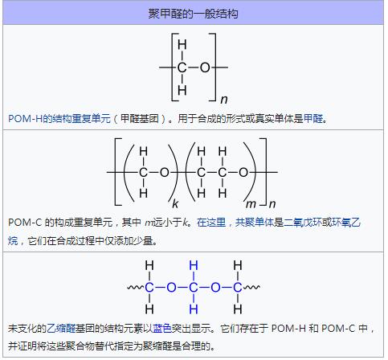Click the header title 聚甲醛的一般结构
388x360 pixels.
pyautogui.click(x=194, y=14)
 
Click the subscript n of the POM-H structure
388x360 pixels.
pyautogui.click(x=224, y=100)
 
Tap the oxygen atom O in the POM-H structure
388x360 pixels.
pyautogui.click(x=205, y=67)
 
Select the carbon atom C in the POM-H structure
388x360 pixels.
pyautogui.click(x=182, y=67)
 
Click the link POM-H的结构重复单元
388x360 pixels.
pyautogui.click(x=59, y=118)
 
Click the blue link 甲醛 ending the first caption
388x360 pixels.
pyautogui.click(x=313, y=118)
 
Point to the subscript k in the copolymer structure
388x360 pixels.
pyautogui.click(x=175, y=204)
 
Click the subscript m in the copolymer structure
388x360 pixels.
pyautogui.click(x=251, y=205)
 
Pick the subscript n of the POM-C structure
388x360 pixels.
pyautogui.click(x=272, y=205)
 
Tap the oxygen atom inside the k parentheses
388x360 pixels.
pyautogui.click(x=165, y=172)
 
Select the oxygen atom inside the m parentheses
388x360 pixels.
pyautogui.click(x=243, y=172)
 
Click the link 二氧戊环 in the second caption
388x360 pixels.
pyautogui.click(x=303, y=222)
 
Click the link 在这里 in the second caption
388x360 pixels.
pyautogui.click(x=211, y=222)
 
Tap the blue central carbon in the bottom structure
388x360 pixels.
pyautogui.click(x=194, y=288)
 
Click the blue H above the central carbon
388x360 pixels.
pyautogui.click(x=194, y=266)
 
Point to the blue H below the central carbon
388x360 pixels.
pyautogui.click(x=194, y=309)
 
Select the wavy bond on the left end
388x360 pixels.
pyautogui.click(x=137, y=288)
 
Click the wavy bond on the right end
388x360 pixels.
pyautogui.click(x=251, y=288)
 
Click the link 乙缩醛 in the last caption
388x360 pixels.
pyautogui.click(x=61, y=328)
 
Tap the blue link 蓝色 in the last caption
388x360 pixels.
pyautogui.click(x=162, y=328)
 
